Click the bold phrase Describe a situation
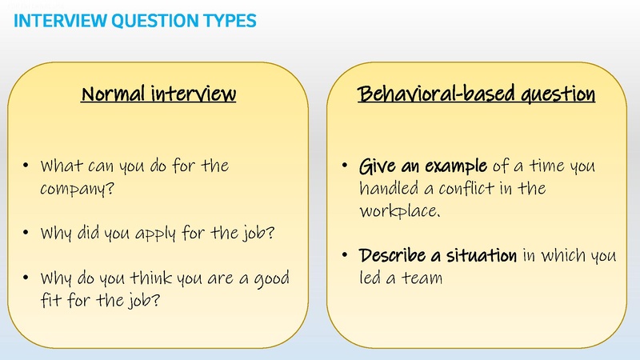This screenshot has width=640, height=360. point(438,257)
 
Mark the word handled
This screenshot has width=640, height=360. point(389,190)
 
